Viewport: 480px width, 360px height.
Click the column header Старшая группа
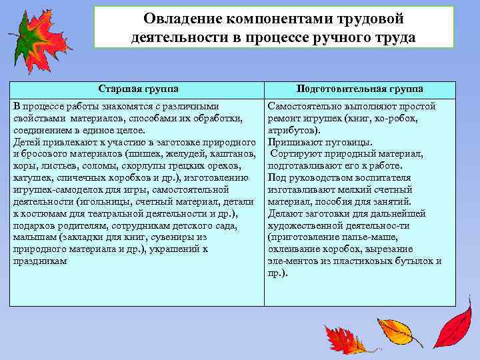tap(138, 89)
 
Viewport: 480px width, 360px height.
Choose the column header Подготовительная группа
tap(360, 89)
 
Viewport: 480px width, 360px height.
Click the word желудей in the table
tap(189, 154)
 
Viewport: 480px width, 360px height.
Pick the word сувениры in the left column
tap(185, 237)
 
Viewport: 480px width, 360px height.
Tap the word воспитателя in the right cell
tap(384, 178)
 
